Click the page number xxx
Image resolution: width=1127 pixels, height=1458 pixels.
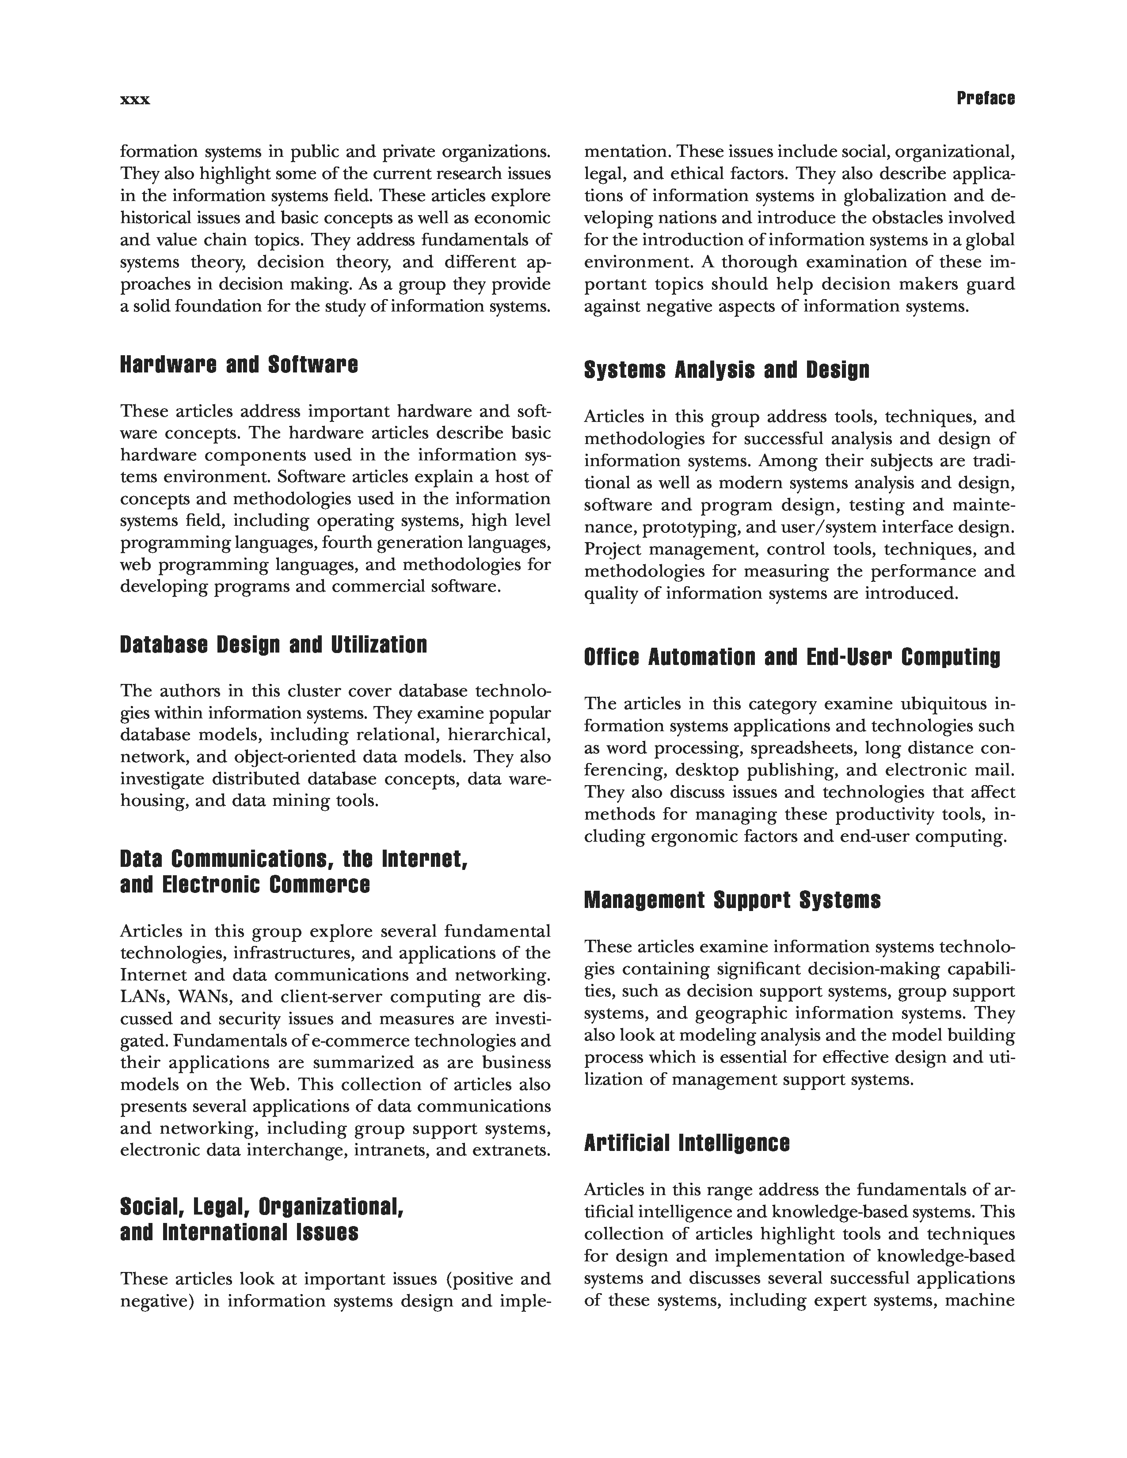coord(135,100)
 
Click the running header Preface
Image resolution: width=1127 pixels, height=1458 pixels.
coord(986,99)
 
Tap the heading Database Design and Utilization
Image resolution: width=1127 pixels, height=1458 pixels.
coord(273,645)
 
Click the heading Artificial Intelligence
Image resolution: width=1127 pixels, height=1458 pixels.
coord(686,1143)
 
